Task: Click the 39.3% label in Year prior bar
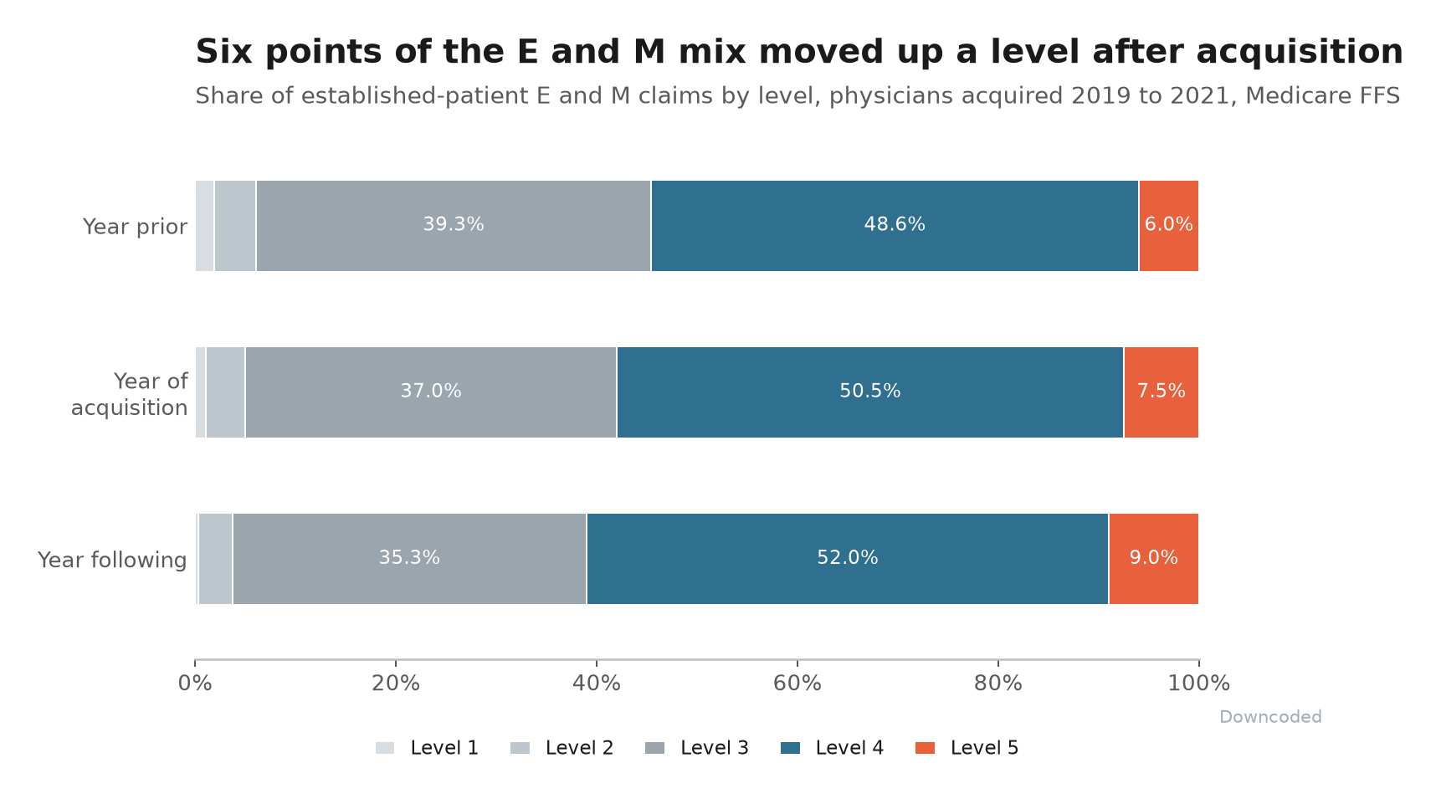point(454,225)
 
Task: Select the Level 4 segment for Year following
point(848,559)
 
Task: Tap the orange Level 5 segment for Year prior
point(1169,226)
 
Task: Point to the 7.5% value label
point(1162,392)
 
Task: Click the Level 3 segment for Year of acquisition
point(431,392)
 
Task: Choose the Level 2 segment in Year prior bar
point(235,226)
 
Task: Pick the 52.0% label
point(848,558)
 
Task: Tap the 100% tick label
point(1199,684)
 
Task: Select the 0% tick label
point(195,684)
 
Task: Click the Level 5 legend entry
point(967,748)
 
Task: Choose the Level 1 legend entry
point(427,748)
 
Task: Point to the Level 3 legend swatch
point(655,748)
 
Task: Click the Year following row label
point(112,560)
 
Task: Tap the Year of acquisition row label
point(130,394)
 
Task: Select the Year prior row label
point(135,227)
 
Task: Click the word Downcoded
point(1270,717)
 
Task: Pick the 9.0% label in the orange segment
point(1154,558)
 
